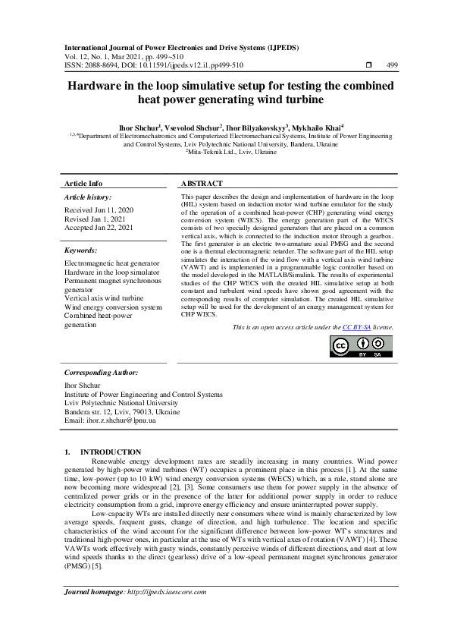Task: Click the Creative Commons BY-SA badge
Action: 361,345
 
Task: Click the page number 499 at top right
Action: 392,66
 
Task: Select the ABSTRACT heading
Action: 202,184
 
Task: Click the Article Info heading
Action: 83,184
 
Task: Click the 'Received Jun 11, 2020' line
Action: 99,209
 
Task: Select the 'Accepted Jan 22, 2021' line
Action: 99,227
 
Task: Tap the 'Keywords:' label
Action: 82,250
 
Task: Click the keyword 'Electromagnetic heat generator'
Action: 111,263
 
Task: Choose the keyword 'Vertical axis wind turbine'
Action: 104,298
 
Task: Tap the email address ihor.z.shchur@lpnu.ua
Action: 111,420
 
